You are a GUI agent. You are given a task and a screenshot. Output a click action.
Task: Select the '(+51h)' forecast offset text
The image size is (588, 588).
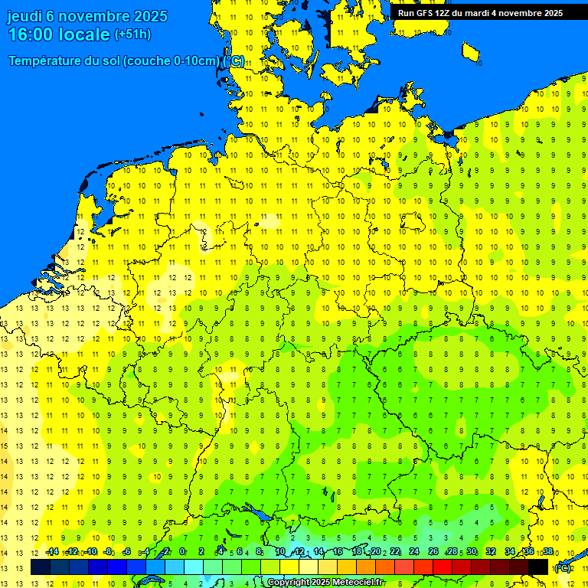pyautogui.click(x=132, y=34)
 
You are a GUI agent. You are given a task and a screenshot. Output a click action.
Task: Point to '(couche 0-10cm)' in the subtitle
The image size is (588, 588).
pyautogui.click(x=171, y=60)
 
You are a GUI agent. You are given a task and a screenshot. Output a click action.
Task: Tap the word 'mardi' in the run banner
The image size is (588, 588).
pyautogui.click(x=482, y=13)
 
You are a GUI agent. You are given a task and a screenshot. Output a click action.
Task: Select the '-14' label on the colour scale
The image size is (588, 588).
pyautogui.click(x=52, y=551)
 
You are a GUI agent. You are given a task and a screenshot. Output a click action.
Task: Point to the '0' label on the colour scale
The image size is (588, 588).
pyautogui.click(x=182, y=551)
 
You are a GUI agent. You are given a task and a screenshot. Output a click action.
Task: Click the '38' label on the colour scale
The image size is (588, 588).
pyautogui.click(x=548, y=551)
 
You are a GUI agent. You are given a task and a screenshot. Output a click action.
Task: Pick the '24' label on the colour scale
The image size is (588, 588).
pyautogui.click(x=414, y=551)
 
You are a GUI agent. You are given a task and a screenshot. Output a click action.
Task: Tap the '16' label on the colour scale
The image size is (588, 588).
pyautogui.click(x=337, y=551)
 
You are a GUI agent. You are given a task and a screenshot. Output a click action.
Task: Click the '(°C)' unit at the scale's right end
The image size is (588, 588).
pyautogui.click(x=563, y=568)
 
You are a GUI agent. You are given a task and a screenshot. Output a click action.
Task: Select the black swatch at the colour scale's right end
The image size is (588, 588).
pyautogui.click(x=538, y=567)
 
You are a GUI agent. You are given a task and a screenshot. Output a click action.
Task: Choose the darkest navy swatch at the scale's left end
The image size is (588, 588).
pyautogui.click(x=40, y=567)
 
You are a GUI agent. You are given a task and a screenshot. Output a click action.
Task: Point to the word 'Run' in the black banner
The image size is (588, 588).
pyautogui.click(x=406, y=13)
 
